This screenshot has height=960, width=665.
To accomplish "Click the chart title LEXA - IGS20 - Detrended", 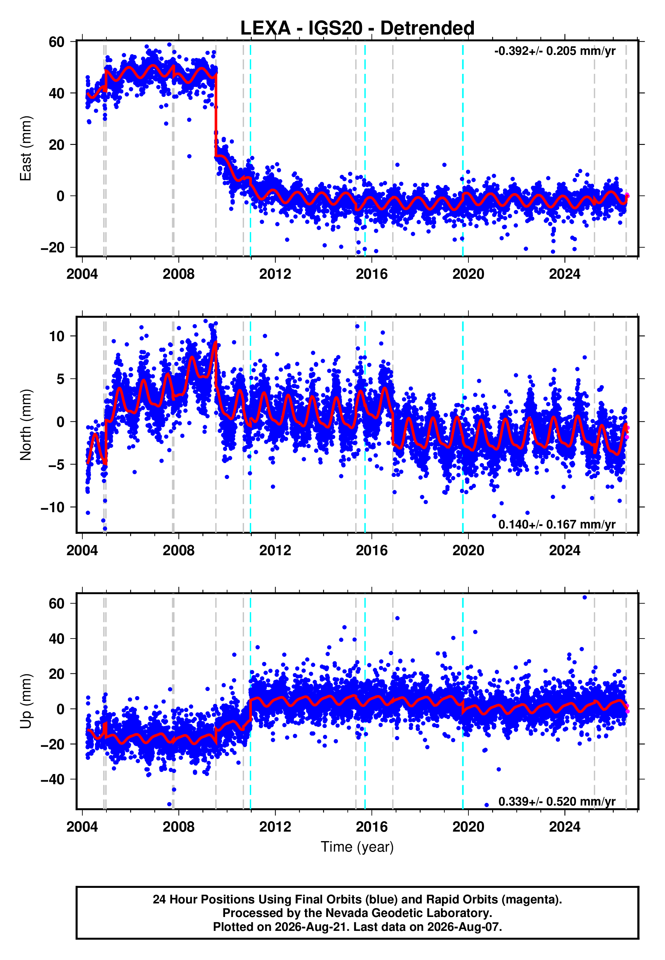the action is pyautogui.click(x=357, y=28).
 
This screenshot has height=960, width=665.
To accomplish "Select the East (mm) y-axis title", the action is pyautogui.click(x=26, y=148).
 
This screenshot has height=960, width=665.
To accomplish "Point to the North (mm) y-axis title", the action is pyautogui.click(x=26, y=425).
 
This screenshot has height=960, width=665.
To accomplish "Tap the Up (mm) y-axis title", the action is pyautogui.click(x=26, y=701).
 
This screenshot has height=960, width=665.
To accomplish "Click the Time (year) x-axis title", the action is pyautogui.click(x=357, y=847).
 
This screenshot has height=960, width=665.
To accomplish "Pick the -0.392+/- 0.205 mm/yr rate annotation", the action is pyautogui.click(x=555, y=51).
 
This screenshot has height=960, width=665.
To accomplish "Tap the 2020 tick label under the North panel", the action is pyautogui.click(x=468, y=550).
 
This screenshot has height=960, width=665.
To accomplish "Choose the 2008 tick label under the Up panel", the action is pyautogui.click(x=178, y=827).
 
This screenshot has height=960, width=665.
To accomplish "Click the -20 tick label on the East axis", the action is pyautogui.click(x=53, y=248).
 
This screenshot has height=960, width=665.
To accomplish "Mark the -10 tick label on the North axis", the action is pyautogui.click(x=53, y=507).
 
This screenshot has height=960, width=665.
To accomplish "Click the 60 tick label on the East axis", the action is pyautogui.click(x=57, y=42).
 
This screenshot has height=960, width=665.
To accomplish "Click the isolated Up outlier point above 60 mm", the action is pyautogui.click(x=585, y=598).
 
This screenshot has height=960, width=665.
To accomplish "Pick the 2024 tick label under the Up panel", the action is pyautogui.click(x=565, y=827).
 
